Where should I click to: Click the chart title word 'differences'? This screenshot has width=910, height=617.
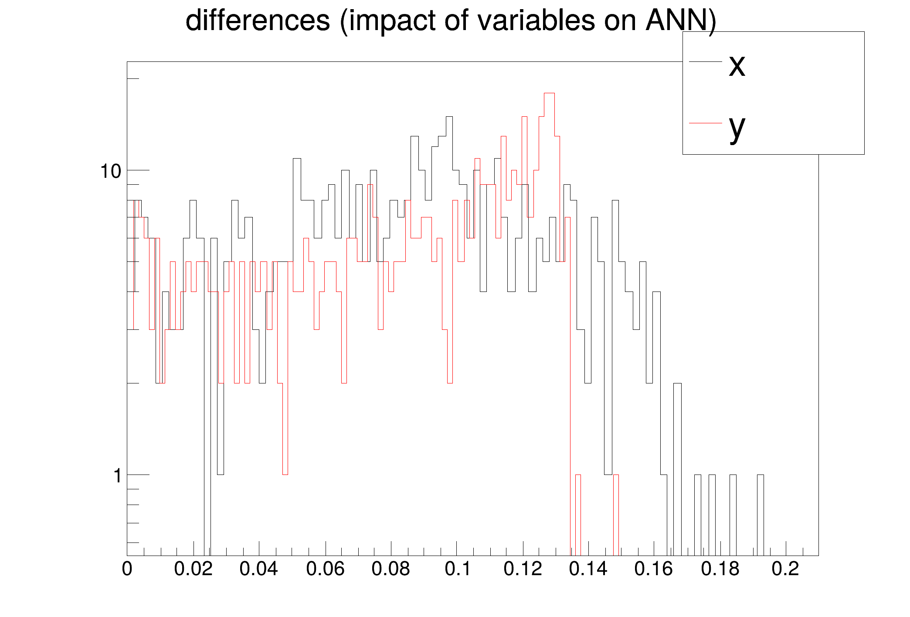pyautogui.click(x=258, y=20)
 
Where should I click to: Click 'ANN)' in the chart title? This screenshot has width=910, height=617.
pyautogui.click(x=680, y=20)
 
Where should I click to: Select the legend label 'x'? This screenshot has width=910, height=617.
pyautogui.click(x=737, y=65)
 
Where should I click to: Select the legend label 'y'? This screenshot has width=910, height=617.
pyautogui.click(x=737, y=127)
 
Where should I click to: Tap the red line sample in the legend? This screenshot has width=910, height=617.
pyautogui.click(x=705, y=123)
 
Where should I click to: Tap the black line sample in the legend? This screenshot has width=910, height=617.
pyautogui.click(x=705, y=62)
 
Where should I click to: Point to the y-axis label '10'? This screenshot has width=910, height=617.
pyautogui.click(x=111, y=171)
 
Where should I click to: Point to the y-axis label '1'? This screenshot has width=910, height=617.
pyautogui.click(x=117, y=476)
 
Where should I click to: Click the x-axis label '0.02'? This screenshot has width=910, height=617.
pyautogui.click(x=193, y=569)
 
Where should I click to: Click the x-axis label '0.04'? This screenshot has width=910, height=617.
pyautogui.click(x=259, y=569)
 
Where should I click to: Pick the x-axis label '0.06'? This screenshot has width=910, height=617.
pyautogui.click(x=325, y=569)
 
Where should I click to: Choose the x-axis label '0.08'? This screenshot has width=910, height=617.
pyautogui.click(x=390, y=569)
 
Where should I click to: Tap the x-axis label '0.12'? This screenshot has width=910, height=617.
pyautogui.click(x=523, y=569)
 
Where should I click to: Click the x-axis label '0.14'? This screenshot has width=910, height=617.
pyautogui.click(x=588, y=569)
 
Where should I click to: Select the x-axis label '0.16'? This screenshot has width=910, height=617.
pyautogui.click(x=654, y=569)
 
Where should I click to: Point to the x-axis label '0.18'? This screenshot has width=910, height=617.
pyautogui.click(x=720, y=569)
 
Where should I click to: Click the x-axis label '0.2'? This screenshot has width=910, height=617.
pyautogui.click(x=785, y=569)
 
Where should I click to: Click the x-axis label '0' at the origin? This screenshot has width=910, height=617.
pyautogui.click(x=127, y=569)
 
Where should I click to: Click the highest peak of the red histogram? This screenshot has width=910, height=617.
pyautogui.click(x=549, y=93)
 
